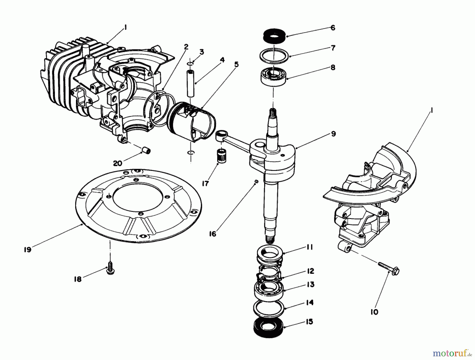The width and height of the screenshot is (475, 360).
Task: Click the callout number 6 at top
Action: (333, 28)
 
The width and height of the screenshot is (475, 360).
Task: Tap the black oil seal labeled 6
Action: (274, 35)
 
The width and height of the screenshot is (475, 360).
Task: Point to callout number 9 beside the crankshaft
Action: (333, 134)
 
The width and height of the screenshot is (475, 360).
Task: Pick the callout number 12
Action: (310, 271)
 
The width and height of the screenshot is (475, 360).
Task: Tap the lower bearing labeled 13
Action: (269, 290)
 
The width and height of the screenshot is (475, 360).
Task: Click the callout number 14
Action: (310, 302)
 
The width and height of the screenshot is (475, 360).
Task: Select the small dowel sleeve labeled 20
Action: (146, 151)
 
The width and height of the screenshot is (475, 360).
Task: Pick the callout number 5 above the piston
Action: (236, 64)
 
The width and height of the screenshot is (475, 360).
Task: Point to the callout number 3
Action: (202, 52)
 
